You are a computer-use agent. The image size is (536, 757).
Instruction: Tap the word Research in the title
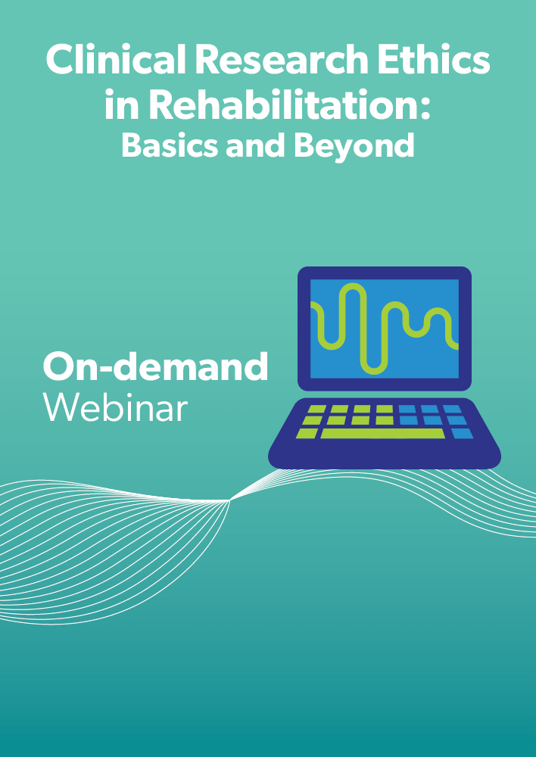pos(282,59)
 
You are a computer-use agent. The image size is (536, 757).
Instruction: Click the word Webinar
pos(115,407)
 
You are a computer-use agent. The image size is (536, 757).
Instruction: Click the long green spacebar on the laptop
pos(383,434)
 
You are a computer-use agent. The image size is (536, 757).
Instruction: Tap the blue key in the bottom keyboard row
pos(463,434)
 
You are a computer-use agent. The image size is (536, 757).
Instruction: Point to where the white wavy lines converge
pos(230,500)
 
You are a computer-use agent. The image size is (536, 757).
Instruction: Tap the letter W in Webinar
pos(61,407)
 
